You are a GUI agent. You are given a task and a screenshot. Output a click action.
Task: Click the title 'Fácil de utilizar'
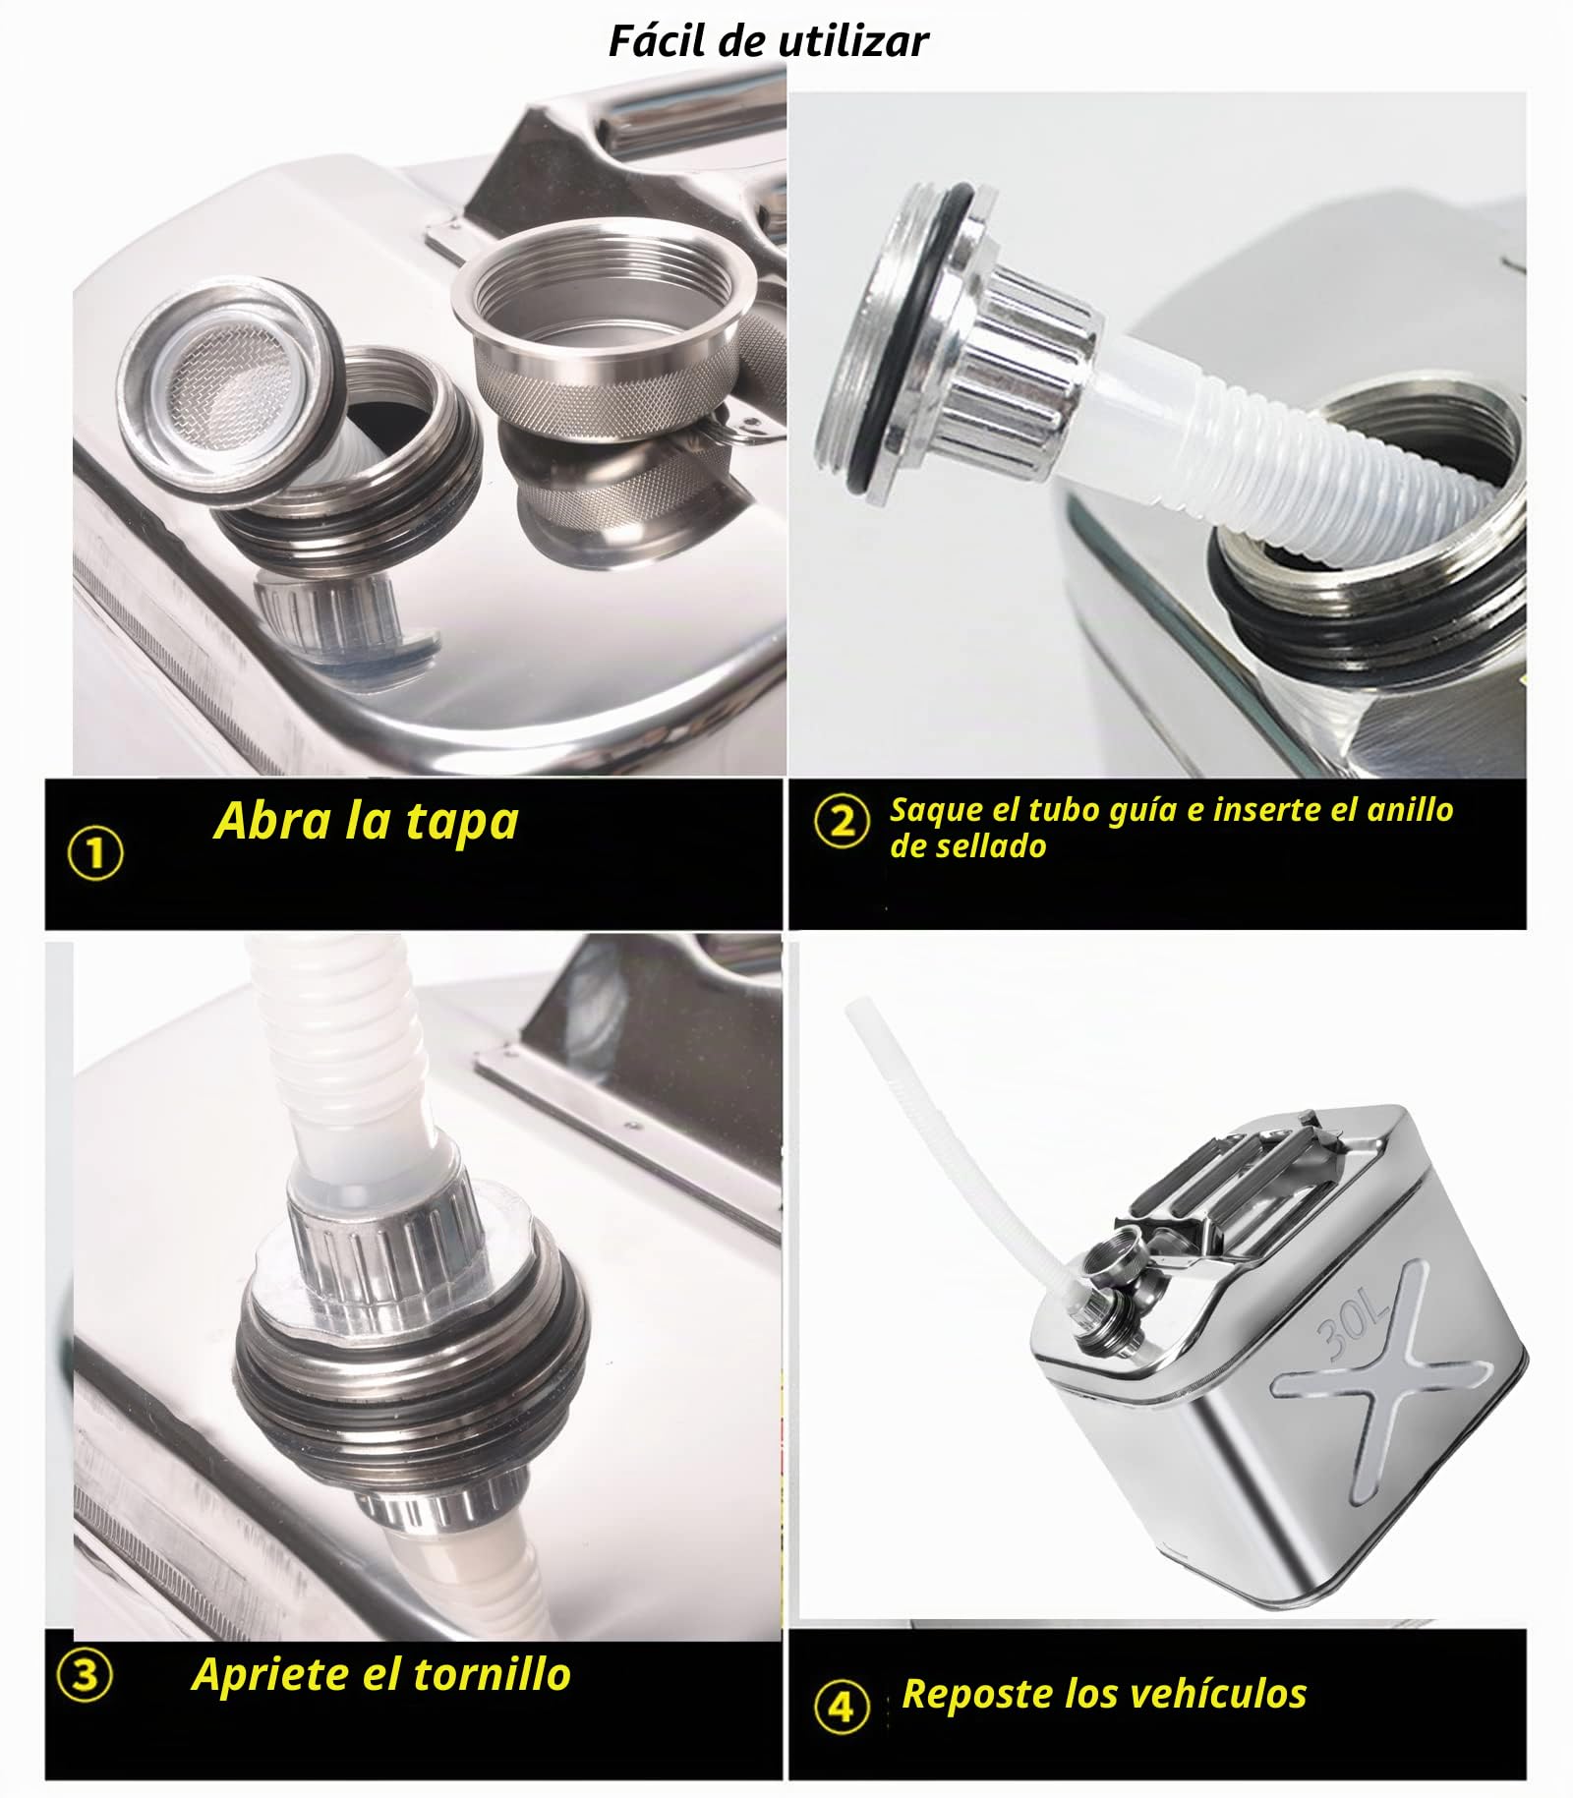(768, 41)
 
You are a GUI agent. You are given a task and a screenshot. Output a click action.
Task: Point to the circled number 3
(85, 1674)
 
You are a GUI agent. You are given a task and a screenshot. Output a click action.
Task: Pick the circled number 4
(842, 1707)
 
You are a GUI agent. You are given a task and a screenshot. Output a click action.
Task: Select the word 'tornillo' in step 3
(492, 1673)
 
